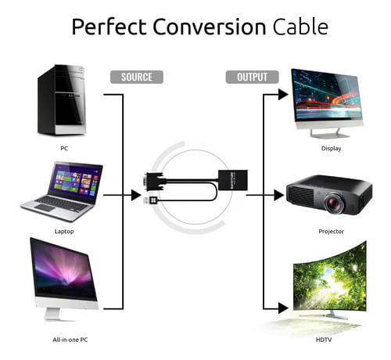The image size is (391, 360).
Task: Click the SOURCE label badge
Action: [137, 77]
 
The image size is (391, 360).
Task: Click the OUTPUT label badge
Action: [252, 77]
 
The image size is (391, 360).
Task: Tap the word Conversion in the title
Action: [210, 27]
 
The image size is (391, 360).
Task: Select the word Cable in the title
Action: [300, 27]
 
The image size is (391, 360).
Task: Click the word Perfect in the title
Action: [109, 27]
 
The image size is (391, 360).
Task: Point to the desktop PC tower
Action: [62, 100]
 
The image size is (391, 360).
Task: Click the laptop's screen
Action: [76, 182]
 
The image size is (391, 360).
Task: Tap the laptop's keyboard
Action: [62, 204]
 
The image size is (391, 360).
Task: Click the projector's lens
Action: [335, 202]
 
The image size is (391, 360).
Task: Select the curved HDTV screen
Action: [330, 277]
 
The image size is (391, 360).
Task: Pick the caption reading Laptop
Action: [64, 232]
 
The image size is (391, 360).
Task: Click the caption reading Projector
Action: [331, 232]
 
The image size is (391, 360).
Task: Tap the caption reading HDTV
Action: [324, 340]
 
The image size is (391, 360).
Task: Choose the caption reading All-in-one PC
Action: [70, 340]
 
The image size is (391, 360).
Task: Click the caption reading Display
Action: [331, 149]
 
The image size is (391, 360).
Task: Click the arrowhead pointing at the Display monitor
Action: [283, 95]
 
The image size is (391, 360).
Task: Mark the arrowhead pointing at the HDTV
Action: [283, 308]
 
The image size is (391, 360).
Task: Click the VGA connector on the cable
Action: [155, 182]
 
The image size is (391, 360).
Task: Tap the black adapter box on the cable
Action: [233, 180]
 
